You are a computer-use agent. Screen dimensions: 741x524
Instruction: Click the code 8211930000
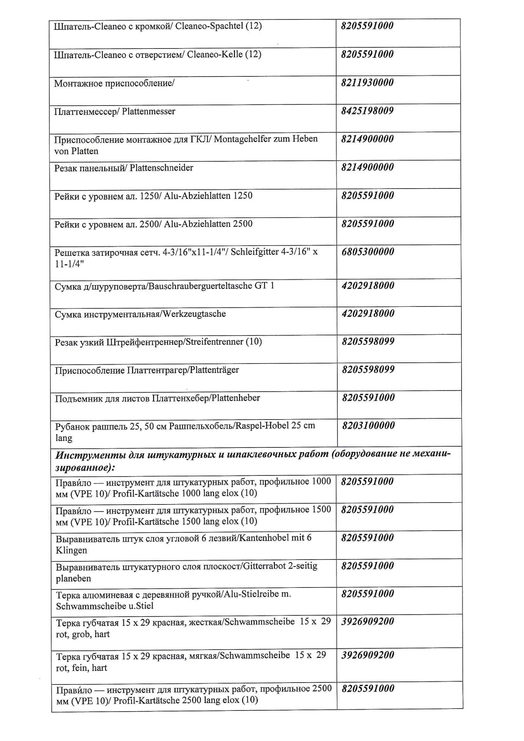pos(367,83)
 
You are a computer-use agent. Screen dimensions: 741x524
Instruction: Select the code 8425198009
pos(367,111)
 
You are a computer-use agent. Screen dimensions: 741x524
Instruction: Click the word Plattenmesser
pos(148,112)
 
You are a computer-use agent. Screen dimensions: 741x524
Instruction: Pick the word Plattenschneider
pos(161,168)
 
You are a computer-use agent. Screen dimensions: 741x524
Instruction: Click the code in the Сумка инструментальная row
pos(368,313)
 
